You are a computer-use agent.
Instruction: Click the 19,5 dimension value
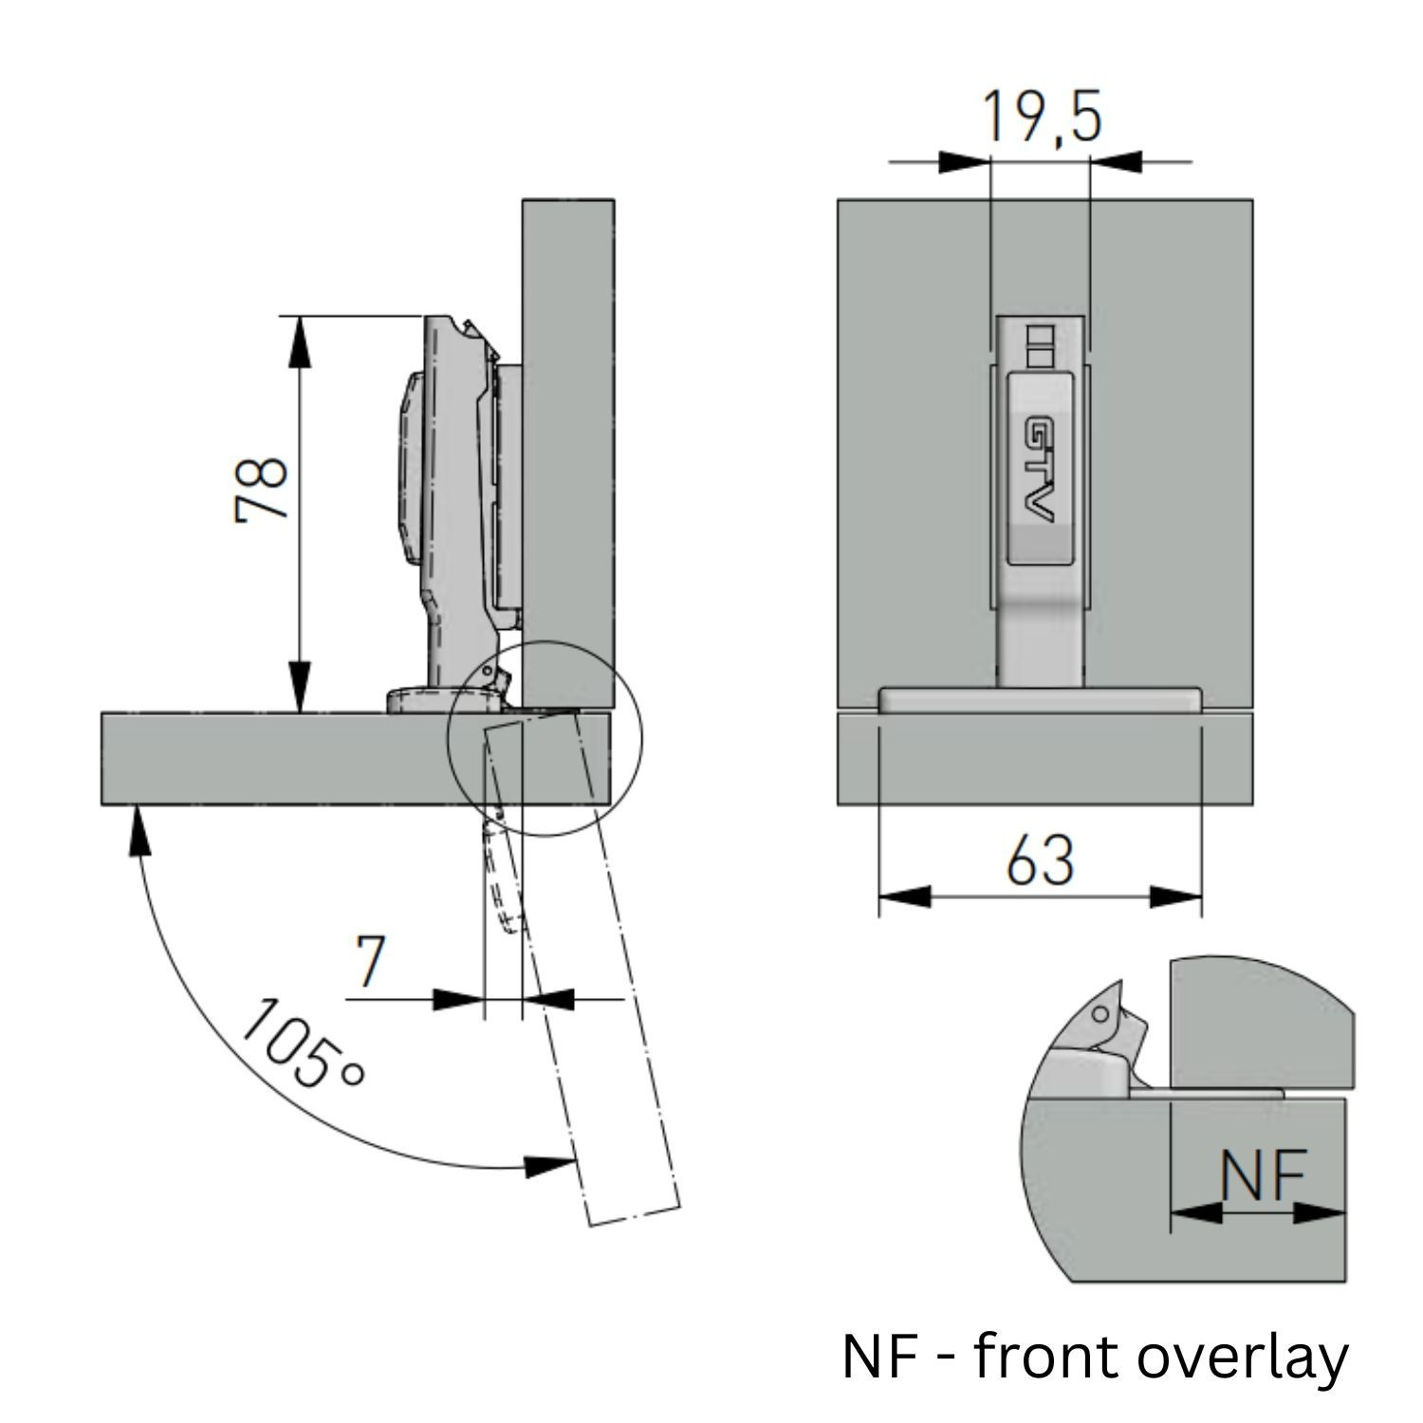click(x=1041, y=117)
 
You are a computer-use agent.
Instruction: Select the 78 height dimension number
click(x=261, y=489)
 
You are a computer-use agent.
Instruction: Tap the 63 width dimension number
click(x=1040, y=860)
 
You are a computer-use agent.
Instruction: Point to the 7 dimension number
click(x=370, y=960)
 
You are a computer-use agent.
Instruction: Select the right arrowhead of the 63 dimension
click(x=1176, y=896)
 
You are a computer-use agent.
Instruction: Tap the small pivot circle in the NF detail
click(x=1100, y=1014)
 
